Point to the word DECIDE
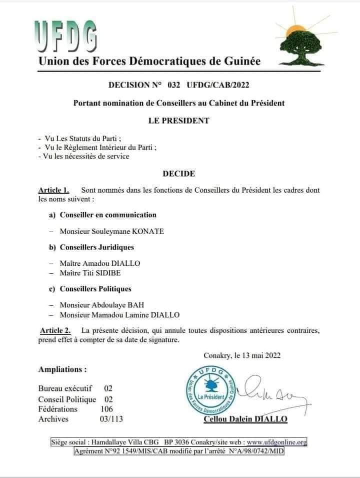tap(178, 174)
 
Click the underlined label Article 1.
tap(53, 190)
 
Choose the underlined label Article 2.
tap(55, 330)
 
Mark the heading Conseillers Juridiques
tap(97, 247)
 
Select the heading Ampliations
tap(62, 369)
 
